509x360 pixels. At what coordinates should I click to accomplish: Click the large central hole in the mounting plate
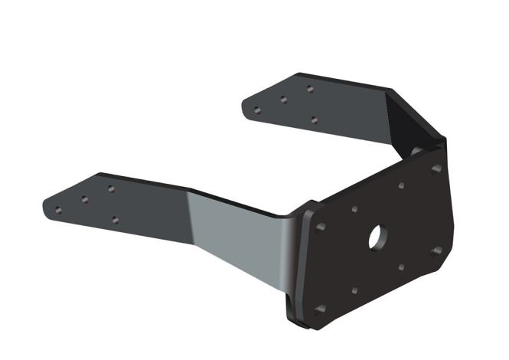[377, 237]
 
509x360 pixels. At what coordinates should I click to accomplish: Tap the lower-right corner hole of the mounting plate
[436, 250]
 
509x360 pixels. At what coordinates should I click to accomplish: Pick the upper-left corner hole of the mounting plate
[320, 227]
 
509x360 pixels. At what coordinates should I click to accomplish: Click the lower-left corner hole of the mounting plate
[321, 309]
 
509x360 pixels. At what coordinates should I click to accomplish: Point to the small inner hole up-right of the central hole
[401, 185]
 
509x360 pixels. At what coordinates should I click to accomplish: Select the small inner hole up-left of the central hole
[354, 209]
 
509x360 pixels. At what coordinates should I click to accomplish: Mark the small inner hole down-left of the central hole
[354, 291]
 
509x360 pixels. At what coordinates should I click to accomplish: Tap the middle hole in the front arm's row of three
[84, 199]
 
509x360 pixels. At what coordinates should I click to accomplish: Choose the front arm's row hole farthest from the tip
[111, 188]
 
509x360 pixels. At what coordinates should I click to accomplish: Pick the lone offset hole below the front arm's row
[115, 220]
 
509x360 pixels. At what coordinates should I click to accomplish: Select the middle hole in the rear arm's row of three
[283, 99]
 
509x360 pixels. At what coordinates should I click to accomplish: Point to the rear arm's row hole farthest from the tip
[310, 89]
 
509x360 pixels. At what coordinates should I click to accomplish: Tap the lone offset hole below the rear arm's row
[315, 119]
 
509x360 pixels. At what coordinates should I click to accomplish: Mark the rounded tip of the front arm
[47, 208]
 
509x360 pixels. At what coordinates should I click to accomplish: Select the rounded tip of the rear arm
[246, 106]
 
